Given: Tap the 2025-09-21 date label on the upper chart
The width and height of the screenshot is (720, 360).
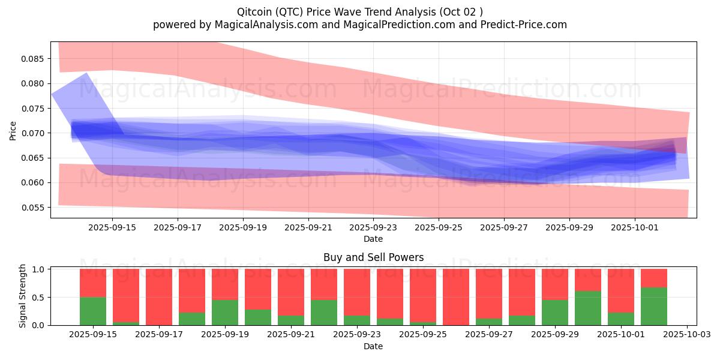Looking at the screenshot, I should point(308,227).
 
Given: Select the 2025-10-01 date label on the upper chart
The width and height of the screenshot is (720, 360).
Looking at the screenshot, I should point(635,227).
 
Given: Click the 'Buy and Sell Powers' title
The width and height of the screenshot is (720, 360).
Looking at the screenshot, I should point(373,257).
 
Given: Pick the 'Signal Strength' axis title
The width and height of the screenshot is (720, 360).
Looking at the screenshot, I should point(23,296).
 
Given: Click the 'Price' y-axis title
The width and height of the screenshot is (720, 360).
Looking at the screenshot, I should point(13,130).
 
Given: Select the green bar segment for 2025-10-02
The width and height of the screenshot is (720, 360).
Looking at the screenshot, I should point(654,306).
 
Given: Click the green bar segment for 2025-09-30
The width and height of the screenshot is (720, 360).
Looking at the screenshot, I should point(588,308).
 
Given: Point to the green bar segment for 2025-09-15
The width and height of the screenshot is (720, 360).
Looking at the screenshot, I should point(93,311).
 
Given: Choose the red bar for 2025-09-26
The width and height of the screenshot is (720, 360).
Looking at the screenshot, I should point(456,297).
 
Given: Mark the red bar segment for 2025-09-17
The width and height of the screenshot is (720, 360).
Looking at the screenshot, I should point(159,297).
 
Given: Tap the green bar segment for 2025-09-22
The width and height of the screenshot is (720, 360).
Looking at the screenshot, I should point(324,312).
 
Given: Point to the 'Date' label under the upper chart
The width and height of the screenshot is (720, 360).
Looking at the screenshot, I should point(373,239).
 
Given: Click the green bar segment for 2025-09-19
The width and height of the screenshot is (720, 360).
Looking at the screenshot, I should point(225,312).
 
